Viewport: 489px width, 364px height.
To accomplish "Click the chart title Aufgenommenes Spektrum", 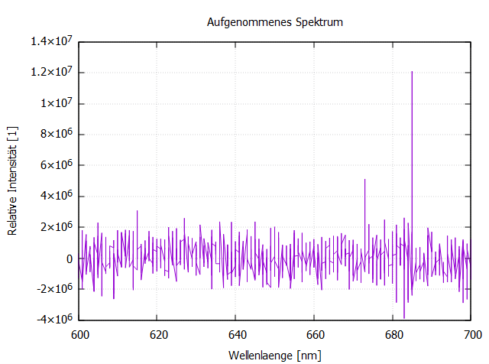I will coord(275,22).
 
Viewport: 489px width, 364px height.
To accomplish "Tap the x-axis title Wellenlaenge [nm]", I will coord(275,356).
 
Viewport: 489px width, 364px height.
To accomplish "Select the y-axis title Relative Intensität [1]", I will coord(12,180).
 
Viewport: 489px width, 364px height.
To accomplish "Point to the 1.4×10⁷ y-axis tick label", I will coord(52,41).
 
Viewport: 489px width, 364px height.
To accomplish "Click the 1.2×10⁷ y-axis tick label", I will coord(52,73).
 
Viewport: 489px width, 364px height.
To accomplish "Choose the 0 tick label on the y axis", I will coord(70,258).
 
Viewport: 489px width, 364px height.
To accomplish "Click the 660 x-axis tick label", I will coord(316,335).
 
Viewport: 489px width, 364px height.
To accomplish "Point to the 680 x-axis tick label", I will coord(394,335).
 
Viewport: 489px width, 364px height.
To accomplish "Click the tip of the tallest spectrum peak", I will coord(412,72).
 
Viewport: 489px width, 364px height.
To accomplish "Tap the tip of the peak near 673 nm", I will coord(365,180).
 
